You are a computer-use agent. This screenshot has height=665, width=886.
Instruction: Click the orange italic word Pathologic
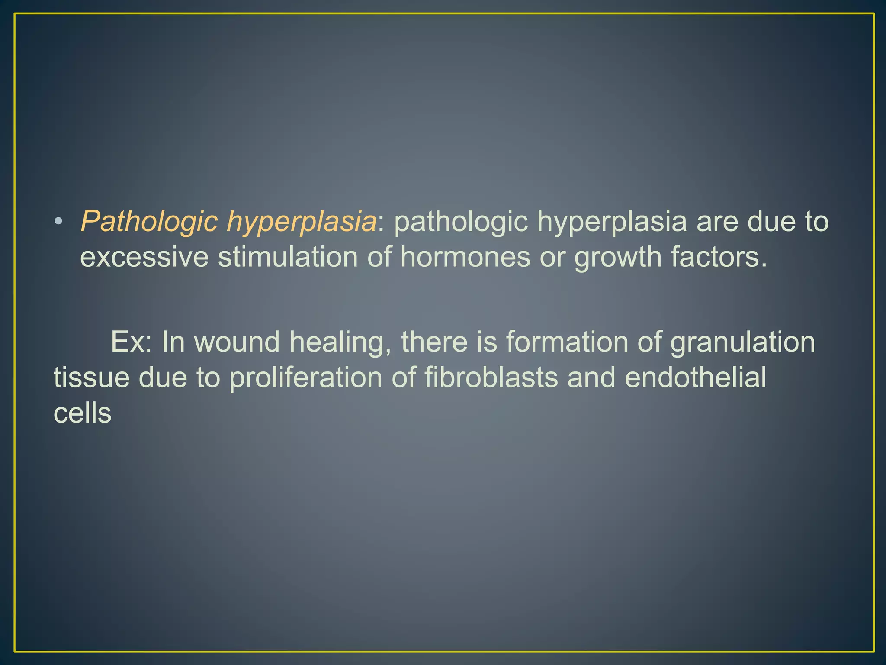point(149,222)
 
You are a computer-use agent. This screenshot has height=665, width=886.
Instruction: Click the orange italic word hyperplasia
point(302,222)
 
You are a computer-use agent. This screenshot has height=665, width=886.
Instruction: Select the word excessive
point(144,257)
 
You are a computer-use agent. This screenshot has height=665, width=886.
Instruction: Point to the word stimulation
point(288,257)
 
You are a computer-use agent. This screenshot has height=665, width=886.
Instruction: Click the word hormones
point(465,257)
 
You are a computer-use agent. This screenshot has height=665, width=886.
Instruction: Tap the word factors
point(719,257)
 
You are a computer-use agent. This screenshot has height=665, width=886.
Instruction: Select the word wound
point(237,342)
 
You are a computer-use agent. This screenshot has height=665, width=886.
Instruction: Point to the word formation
point(567,342)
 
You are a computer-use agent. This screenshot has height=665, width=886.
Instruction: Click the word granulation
point(742,342)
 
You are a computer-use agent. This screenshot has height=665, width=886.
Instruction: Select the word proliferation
point(306,377)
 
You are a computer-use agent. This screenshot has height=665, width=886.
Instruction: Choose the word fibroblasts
point(491,377)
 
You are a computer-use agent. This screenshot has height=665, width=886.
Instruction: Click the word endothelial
point(695,377)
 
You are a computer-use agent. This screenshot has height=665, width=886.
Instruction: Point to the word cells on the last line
point(83,413)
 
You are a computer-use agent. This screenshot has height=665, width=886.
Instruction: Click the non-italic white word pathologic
point(461,222)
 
